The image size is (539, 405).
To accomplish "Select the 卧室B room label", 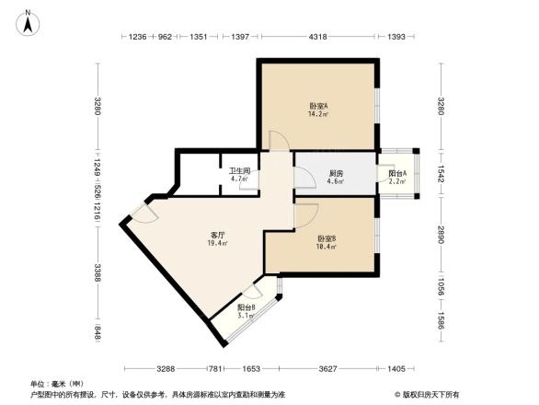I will pos(327,239).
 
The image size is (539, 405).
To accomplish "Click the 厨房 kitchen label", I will pos(336,172).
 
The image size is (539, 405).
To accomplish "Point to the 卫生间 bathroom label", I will pos(240,170).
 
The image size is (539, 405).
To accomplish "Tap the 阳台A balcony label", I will pos(396,173).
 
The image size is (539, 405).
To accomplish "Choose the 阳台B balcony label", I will pos(247,307).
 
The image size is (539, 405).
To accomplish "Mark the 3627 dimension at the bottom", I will pos(326,368).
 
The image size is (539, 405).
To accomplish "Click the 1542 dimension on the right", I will pos(441,172).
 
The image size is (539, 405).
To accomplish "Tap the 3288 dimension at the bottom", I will pos(166,368).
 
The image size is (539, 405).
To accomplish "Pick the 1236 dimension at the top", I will pos(136,37).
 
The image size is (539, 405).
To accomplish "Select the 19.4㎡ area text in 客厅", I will pos(218,245).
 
